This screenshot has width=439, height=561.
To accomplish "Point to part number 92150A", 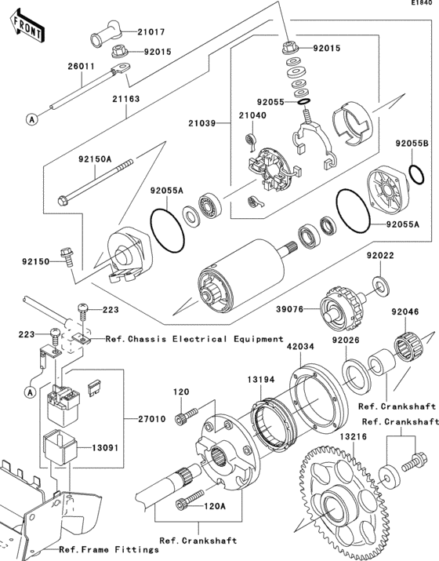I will coord(94,158).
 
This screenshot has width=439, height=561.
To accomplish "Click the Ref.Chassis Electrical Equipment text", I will coord(194,339).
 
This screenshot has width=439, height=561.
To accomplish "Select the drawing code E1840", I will coord(421,5).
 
